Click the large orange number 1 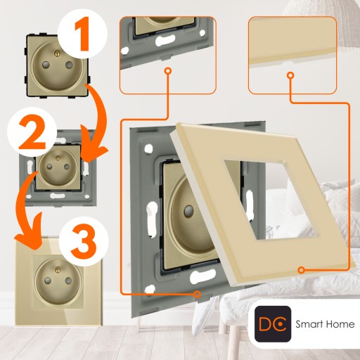[82, 34]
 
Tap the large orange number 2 [32, 133]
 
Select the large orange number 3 [84, 240]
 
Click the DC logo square [273, 324]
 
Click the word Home [340, 324]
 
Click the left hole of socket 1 [46, 64]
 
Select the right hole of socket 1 [69, 65]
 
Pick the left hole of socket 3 [48, 281]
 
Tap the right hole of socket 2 [67, 167]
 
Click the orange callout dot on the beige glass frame [302, 270]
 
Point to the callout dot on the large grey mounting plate [198, 294]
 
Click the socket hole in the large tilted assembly [188, 211]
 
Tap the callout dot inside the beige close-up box [290, 75]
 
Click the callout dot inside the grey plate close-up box [167, 71]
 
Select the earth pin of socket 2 [58, 158]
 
